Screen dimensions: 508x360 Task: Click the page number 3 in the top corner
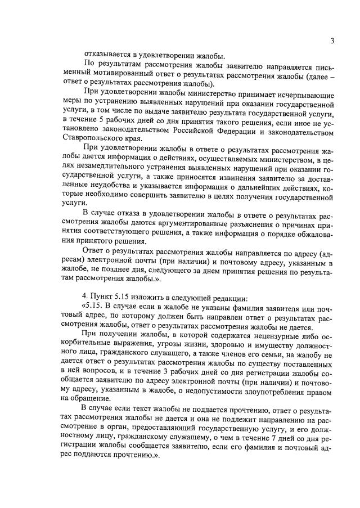click(x=332, y=41)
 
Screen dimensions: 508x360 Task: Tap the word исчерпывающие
click(x=307, y=94)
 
